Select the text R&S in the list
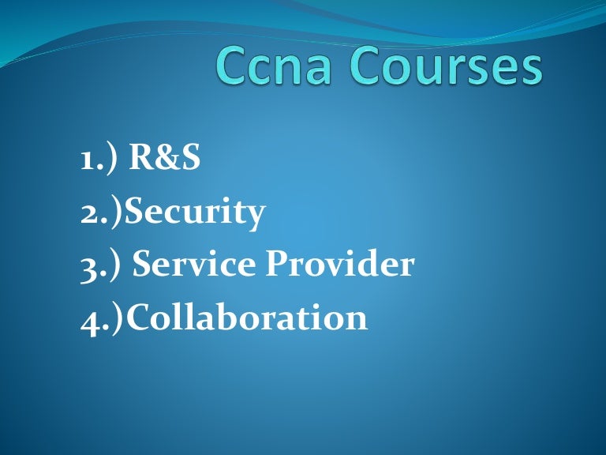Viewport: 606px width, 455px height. click(165, 159)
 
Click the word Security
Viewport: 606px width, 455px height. click(196, 212)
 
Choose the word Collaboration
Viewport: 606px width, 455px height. click(247, 317)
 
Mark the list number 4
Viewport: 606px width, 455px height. click(88, 319)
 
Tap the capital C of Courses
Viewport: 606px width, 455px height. click(375, 66)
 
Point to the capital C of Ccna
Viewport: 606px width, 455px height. click(234, 66)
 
